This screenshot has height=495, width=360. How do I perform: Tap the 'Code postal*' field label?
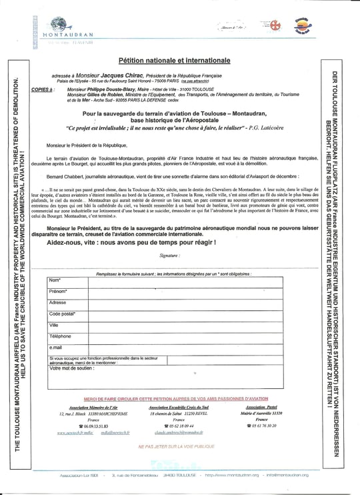[x=63, y=314]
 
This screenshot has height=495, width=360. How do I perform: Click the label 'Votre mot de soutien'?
[x=72, y=368]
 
